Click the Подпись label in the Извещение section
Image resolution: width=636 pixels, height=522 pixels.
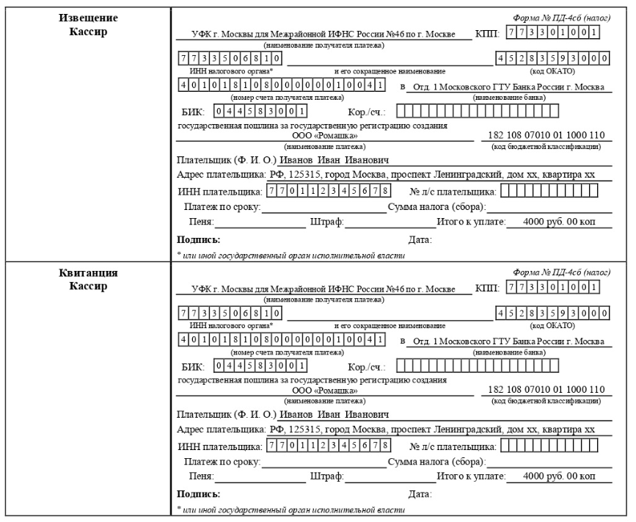pyautogui.click(x=199, y=239)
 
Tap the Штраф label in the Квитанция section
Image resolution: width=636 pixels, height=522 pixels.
pyautogui.click(x=327, y=476)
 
